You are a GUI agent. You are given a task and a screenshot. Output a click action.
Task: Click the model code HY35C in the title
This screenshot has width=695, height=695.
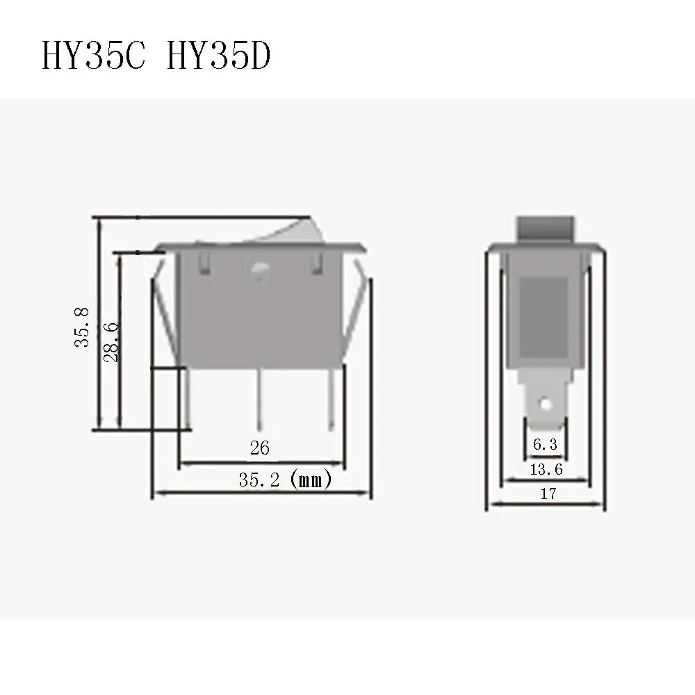click(x=94, y=57)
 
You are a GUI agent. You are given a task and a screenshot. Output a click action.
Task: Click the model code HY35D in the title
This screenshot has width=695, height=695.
click(x=218, y=57)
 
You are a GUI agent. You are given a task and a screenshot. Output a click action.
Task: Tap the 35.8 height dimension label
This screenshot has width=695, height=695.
click(x=83, y=328)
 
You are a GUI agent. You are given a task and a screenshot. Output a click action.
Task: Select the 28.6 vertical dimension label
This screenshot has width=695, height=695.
click(x=111, y=342)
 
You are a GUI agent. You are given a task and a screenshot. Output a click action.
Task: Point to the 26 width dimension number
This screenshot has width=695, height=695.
click(x=259, y=448)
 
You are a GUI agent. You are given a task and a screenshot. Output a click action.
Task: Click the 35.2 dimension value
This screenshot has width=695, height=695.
click(x=259, y=480)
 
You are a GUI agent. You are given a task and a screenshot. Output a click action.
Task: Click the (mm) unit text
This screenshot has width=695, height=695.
click(x=310, y=480)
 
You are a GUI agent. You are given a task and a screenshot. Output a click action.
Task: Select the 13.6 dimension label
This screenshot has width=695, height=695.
click(x=546, y=470)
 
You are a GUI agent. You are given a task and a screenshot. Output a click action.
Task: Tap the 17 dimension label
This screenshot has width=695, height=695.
click(x=548, y=494)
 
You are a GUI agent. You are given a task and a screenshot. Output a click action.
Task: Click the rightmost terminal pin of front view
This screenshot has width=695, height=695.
click(x=332, y=396)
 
